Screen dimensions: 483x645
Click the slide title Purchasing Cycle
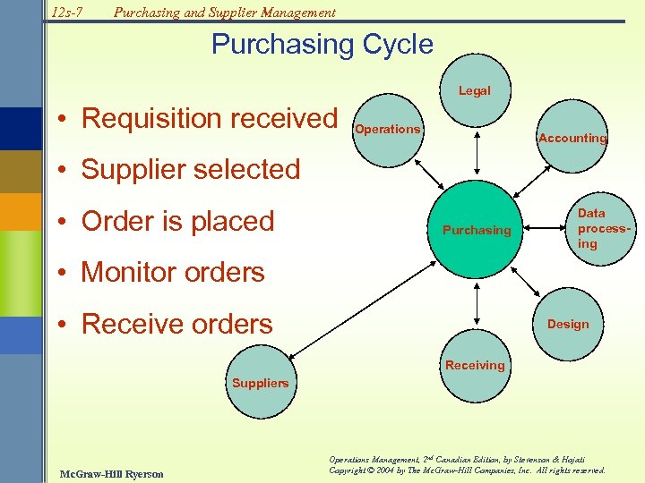tap(322, 45)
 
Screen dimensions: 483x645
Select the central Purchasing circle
tap(477, 230)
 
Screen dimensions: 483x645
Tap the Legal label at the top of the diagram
tap(475, 90)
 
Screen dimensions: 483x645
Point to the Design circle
tap(568, 323)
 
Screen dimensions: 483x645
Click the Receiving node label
tap(475, 365)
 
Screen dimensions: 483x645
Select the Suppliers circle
tap(261, 383)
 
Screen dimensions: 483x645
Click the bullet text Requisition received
tap(209, 118)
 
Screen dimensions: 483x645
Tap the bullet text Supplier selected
tap(190, 169)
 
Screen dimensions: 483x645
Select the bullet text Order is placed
tap(177, 221)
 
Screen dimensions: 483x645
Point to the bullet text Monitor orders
tap(172, 272)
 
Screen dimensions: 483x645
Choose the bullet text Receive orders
tap(176, 324)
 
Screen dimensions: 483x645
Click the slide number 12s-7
tap(66, 13)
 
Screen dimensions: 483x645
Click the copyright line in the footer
tap(467, 470)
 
